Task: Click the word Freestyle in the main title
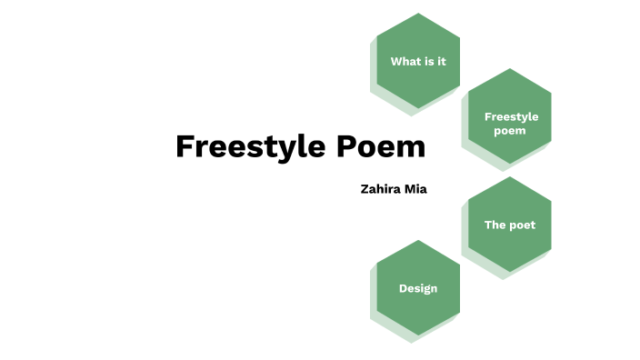click(238, 146)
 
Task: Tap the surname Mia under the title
click(416, 189)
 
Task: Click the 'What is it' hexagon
click(418, 61)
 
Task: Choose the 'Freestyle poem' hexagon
click(510, 116)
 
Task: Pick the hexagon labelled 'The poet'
click(510, 225)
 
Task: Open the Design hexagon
click(418, 288)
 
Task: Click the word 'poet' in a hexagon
click(523, 225)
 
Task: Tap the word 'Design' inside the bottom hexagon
click(418, 289)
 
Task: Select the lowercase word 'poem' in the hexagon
click(510, 130)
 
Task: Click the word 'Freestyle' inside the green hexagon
click(511, 116)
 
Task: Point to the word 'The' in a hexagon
click(495, 225)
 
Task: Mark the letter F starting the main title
click(185, 146)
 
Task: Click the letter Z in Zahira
click(365, 189)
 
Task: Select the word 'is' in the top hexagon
click(430, 62)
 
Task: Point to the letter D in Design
click(403, 288)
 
